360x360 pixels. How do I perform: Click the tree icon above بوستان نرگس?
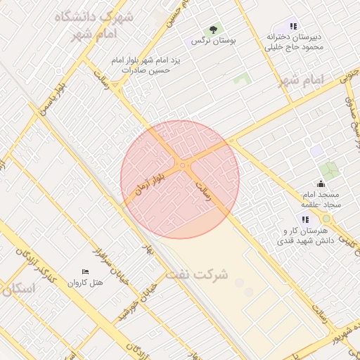[214, 30]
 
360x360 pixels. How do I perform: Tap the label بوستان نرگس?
[217, 41]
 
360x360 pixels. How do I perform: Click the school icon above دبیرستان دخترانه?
[293, 27]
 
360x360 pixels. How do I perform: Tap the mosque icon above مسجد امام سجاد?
[321, 185]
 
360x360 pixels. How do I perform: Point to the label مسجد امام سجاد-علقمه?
[321, 198]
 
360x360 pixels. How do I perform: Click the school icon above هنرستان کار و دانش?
[306, 220]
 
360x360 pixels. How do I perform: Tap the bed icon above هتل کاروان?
[85, 271]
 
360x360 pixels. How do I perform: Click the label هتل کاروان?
[85, 283]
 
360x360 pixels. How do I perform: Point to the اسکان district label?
[18, 289]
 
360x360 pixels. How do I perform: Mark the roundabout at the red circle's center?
[183, 166]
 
